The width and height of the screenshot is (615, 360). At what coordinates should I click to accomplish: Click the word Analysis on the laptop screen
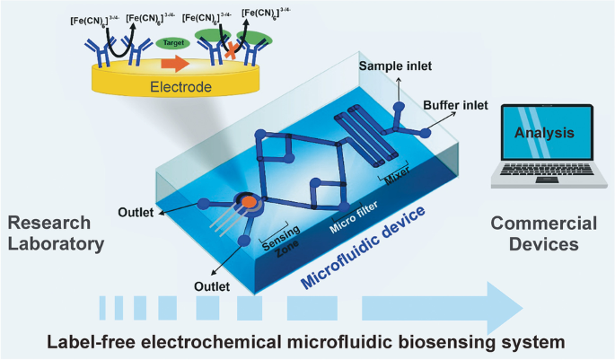tap(544, 133)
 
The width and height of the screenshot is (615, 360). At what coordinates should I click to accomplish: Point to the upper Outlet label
tap(137, 213)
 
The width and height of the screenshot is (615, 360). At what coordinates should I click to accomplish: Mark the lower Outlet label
tap(212, 286)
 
